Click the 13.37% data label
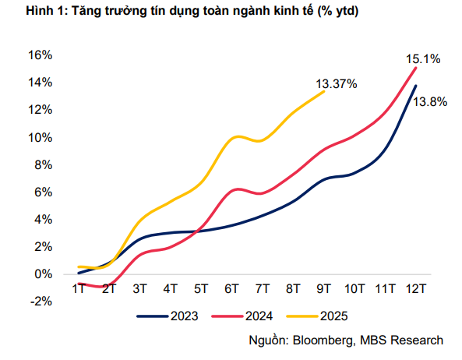[x=336, y=83]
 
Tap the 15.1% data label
[x=423, y=58]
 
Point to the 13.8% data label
[x=430, y=101]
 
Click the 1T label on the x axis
[x=79, y=289]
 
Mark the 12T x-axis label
[x=416, y=289]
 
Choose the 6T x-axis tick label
[x=231, y=289]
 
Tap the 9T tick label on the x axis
[x=323, y=289]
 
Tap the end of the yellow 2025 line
[x=324, y=91]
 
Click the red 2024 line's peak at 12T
[x=416, y=67]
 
